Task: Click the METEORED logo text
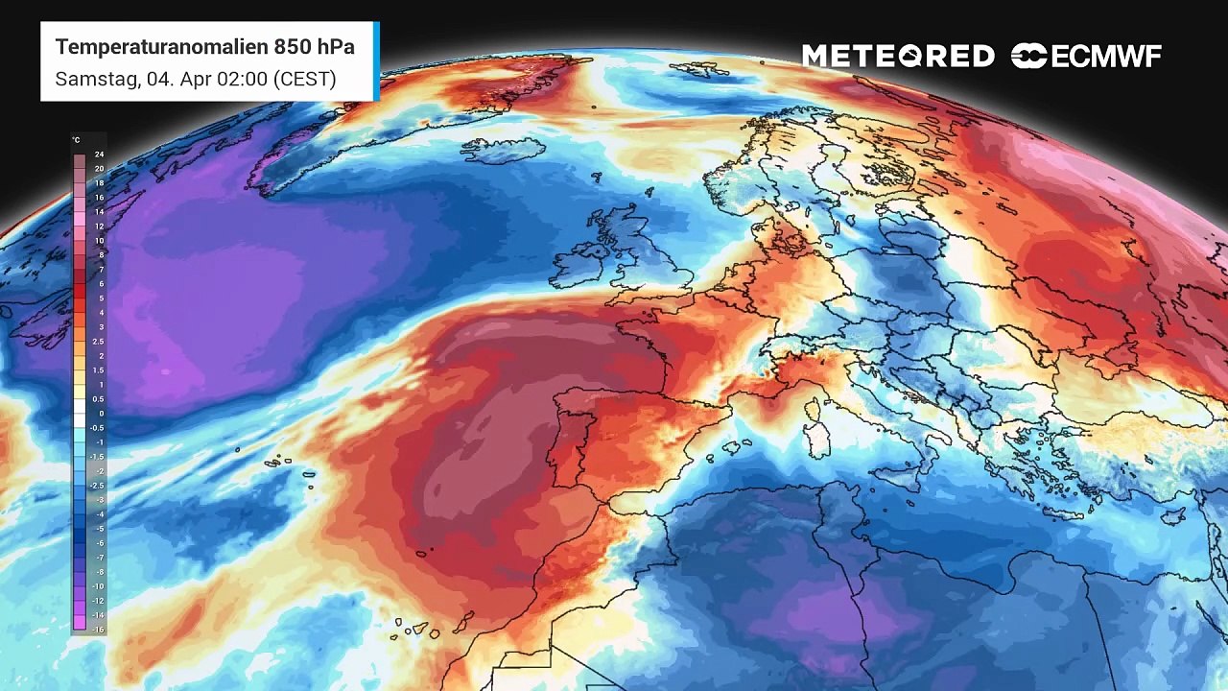coord(898,57)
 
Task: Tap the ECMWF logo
coord(1086,57)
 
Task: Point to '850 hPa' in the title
coord(314,47)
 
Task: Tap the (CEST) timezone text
coord(304,79)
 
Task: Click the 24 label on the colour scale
coord(99,155)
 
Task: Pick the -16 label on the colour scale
coord(98,629)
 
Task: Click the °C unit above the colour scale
coord(77,140)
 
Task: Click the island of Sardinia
coord(818,439)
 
